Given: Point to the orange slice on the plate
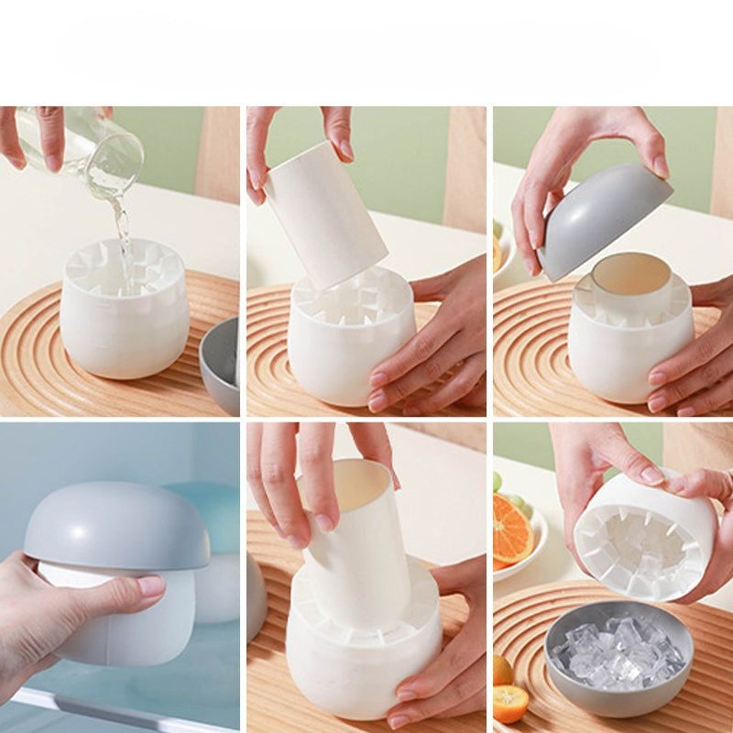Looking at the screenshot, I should pyautogui.click(x=511, y=531).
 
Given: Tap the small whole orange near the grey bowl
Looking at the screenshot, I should pyautogui.click(x=510, y=704).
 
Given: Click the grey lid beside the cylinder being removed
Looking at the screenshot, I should pyautogui.click(x=256, y=596).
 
